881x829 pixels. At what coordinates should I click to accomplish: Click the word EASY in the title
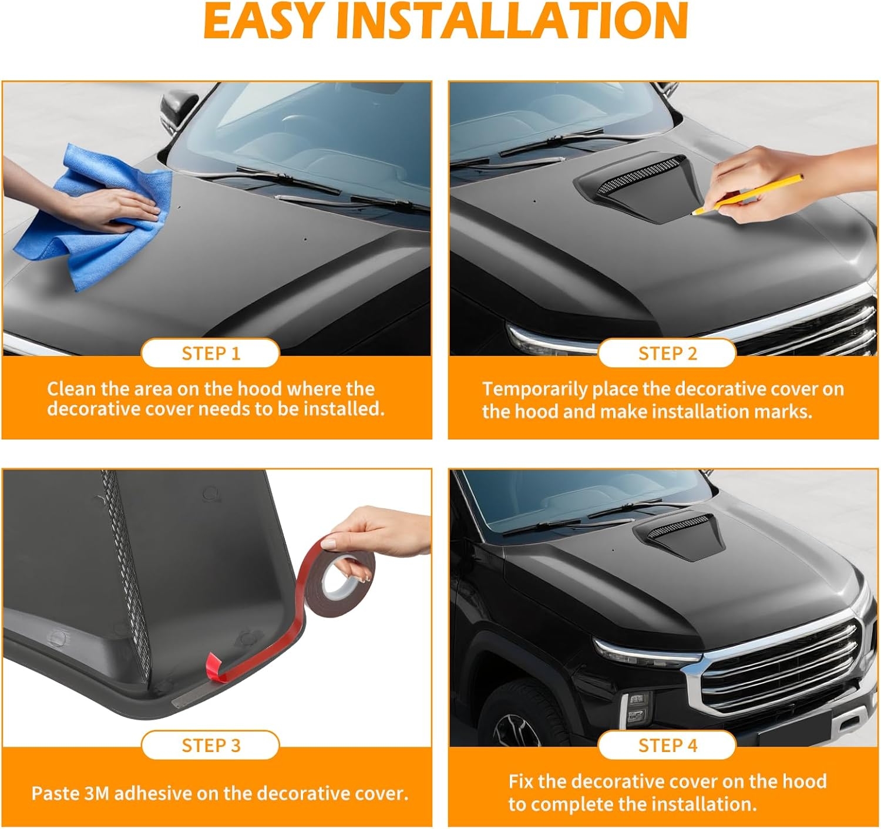[x=262, y=21]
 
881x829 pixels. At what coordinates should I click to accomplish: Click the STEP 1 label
[x=211, y=353]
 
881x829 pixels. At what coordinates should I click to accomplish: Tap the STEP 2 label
[x=668, y=353]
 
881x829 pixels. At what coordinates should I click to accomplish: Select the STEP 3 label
[x=211, y=745]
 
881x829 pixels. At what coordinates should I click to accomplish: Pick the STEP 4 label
[x=668, y=745]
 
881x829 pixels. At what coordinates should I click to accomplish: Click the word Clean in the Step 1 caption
[x=72, y=389]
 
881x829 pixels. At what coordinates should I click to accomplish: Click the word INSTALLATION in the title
[x=512, y=21]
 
